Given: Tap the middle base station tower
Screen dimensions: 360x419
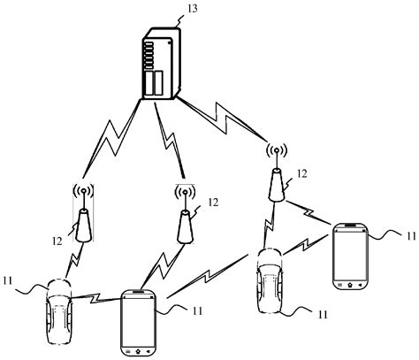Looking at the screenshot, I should click(x=184, y=226).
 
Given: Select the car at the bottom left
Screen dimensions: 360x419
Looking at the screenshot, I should click(x=59, y=309).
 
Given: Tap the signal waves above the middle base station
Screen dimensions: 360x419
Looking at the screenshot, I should click(x=184, y=191).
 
